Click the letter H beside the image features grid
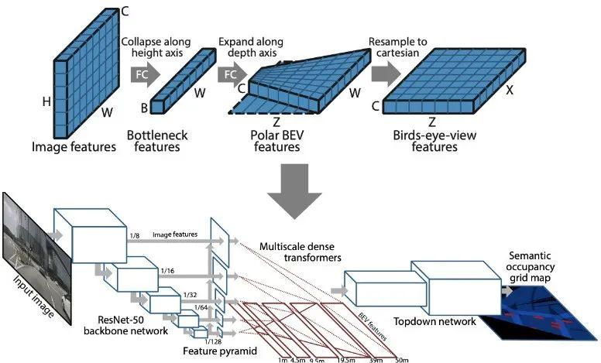[45, 101]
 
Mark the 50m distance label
[400, 358]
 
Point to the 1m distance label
[283, 358]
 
